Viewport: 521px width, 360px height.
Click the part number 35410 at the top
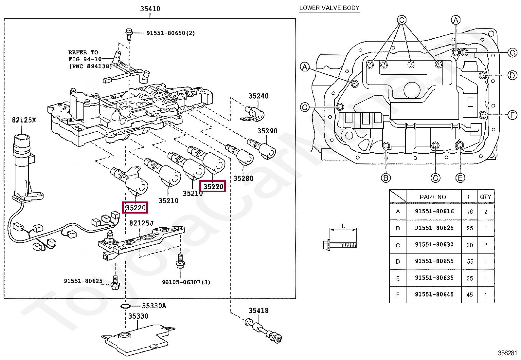(150, 9)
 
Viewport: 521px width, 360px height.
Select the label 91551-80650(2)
(171, 33)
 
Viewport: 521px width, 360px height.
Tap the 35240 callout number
(259, 96)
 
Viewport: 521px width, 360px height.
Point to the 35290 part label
(267, 131)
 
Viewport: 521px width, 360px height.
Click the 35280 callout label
(243, 179)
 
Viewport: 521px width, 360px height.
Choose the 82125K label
(24, 120)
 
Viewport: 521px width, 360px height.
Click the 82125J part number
(141, 223)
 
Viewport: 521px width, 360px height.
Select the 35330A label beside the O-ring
(154, 306)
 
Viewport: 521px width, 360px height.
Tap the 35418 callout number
(259, 311)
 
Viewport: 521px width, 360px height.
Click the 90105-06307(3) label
(186, 282)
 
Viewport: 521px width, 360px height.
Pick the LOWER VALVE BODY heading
(329, 8)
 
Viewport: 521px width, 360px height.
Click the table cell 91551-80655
(434, 261)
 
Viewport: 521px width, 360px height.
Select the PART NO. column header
(434, 197)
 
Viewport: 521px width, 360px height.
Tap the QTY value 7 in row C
(486, 245)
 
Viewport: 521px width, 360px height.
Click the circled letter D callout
(512, 75)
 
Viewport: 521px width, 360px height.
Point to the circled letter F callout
(512, 115)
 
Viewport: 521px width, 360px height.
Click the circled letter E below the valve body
(460, 178)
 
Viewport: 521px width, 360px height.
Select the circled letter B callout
(386, 178)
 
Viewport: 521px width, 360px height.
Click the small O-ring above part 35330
(125, 306)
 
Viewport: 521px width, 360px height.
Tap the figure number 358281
(507, 353)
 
